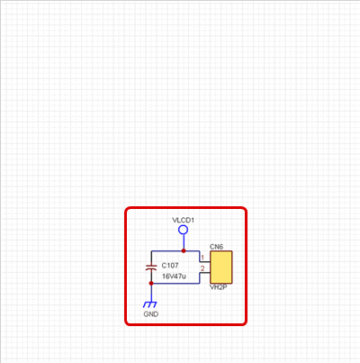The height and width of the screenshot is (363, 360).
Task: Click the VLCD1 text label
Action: pos(183,220)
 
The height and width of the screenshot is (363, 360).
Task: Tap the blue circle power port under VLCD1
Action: pos(183,230)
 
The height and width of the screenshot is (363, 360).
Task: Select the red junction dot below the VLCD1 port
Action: pos(184,250)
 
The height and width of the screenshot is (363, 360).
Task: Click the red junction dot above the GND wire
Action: pos(151,283)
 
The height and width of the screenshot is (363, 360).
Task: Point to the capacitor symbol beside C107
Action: pos(151,268)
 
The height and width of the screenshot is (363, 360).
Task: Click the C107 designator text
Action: pos(170,266)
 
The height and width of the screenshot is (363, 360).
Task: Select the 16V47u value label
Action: pos(174,277)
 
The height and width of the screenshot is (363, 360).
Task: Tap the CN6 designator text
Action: pos(216,247)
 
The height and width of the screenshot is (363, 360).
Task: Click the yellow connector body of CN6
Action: pos(221,268)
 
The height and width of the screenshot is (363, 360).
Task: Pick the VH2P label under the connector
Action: pos(219,287)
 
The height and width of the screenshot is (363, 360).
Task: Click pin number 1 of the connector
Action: pos(202,258)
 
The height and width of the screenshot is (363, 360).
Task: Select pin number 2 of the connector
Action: pos(202,268)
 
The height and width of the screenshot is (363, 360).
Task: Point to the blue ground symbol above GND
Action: pos(150,304)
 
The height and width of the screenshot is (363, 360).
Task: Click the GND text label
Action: pos(151,314)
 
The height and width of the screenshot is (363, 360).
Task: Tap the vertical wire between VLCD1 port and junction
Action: pos(184,241)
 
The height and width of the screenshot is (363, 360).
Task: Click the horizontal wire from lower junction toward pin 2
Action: pos(175,283)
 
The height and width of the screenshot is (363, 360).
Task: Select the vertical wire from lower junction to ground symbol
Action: pos(151,294)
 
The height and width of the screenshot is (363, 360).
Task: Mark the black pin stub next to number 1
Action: pos(205,261)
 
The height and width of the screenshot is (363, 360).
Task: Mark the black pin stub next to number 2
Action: pos(205,272)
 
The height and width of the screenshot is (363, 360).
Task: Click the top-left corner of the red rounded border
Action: pos(126,208)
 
